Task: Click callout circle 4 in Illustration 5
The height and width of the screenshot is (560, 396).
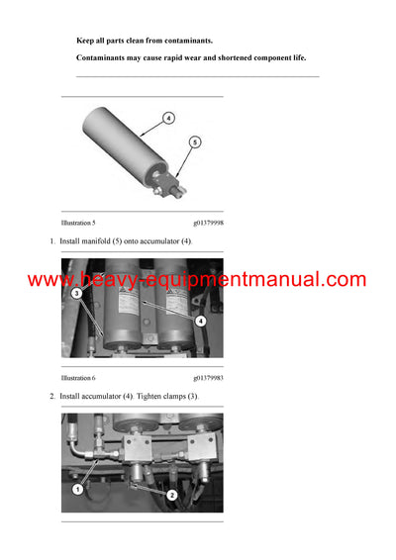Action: coord(168,118)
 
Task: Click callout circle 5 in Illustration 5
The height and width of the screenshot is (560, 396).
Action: coord(195,142)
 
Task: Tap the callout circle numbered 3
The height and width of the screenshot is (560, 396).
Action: coord(76,294)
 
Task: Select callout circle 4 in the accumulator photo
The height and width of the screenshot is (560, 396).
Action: coord(201,321)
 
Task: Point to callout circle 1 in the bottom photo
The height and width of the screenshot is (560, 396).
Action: coord(77,488)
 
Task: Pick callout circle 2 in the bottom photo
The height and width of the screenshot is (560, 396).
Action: coord(172,494)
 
